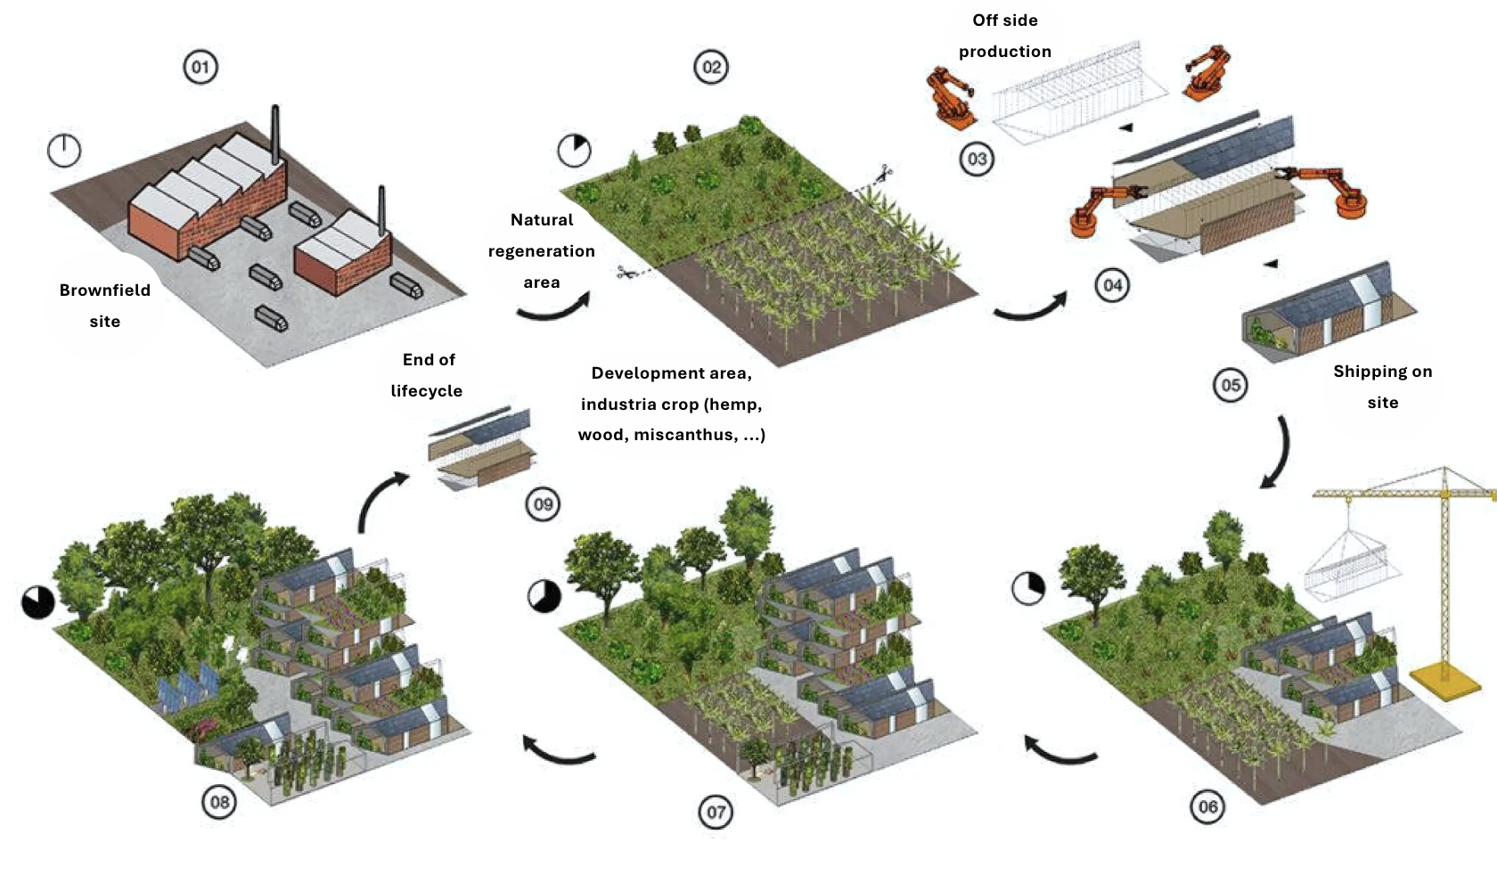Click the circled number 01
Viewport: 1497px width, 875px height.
(x=200, y=67)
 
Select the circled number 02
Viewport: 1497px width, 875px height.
(x=711, y=67)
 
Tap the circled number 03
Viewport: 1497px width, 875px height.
(x=977, y=159)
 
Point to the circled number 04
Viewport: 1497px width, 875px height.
(x=1113, y=285)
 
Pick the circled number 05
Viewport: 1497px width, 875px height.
(x=1231, y=385)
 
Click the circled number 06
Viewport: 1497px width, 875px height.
(x=1207, y=806)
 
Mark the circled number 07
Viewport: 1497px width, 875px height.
(x=716, y=812)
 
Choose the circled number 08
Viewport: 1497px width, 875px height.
(x=219, y=801)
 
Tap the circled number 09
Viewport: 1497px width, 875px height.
(x=543, y=504)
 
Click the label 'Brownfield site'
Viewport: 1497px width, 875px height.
(x=105, y=306)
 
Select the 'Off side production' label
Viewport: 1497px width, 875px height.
(x=1005, y=36)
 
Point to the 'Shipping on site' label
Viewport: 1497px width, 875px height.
(x=1383, y=387)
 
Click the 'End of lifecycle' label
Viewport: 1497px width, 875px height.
(x=427, y=375)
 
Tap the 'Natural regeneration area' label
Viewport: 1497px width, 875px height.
(x=542, y=250)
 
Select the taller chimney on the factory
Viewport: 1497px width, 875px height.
(x=274, y=134)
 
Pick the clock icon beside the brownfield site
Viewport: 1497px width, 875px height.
(x=64, y=151)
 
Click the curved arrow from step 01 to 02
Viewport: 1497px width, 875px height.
(x=553, y=310)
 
